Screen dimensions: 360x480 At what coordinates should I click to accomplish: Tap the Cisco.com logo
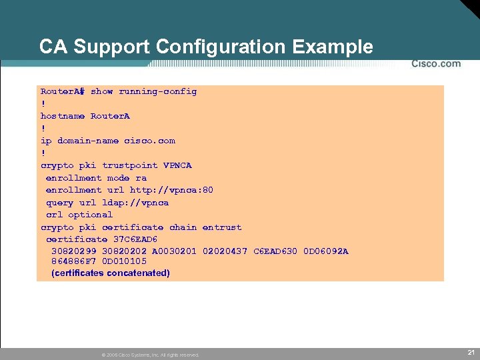[x=435, y=64]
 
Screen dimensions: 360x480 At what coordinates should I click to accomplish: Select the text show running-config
[x=143, y=91]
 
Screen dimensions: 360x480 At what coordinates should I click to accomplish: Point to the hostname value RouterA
[x=110, y=116]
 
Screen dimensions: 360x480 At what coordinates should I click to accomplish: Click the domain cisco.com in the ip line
[x=149, y=141]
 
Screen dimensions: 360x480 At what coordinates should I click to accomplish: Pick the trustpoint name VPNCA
[x=177, y=165]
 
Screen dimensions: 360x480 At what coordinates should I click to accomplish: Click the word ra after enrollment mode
[x=141, y=178]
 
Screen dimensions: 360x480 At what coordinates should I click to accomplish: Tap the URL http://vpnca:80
[x=171, y=190]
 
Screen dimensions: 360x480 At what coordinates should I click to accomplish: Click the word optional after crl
[x=90, y=215]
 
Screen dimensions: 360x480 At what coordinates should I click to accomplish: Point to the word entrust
[x=221, y=227]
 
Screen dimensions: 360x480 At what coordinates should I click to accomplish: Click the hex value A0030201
[x=174, y=251]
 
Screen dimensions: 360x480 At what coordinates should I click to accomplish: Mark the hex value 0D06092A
[x=325, y=251]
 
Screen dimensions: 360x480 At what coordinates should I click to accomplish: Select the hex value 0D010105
[x=124, y=261]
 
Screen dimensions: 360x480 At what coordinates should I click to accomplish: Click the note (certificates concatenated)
[x=111, y=273]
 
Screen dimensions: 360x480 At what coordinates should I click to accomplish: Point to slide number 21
[x=471, y=352]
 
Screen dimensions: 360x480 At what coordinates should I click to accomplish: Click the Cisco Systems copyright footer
[x=150, y=355]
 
